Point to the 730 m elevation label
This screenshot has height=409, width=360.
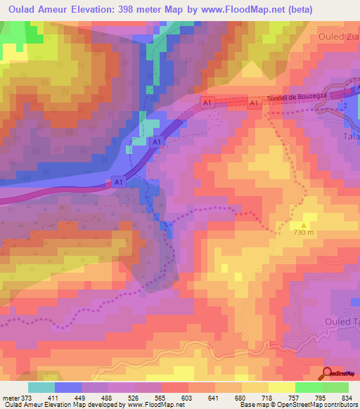pos(303,233)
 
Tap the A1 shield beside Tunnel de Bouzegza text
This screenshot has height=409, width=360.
pos(255,104)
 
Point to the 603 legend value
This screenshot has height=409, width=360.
pos(188,398)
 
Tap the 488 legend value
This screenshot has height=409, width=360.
pos(108,398)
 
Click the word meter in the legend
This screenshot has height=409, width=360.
pos(11,398)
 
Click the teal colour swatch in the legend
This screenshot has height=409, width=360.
pos(41,387)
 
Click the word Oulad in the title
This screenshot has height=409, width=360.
pos(24,9)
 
